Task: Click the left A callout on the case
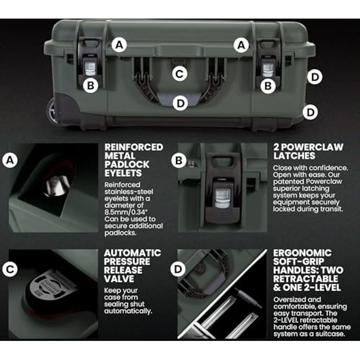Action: tap(119, 45)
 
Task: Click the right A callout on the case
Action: tap(241, 45)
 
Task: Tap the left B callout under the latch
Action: tap(90, 86)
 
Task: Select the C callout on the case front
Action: tap(180, 74)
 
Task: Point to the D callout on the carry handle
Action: tap(180, 103)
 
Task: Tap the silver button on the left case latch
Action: tap(90, 68)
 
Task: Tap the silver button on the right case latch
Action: tap(268, 70)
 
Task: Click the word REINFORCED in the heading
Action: tap(134, 147)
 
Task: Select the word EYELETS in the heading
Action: tap(123, 173)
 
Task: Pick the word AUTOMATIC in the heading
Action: tap(133, 253)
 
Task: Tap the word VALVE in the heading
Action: tap(119, 279)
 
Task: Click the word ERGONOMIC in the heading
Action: tap(302, 253)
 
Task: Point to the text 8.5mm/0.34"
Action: tap(125, 212)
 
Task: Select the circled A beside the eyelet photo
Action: tap(10, 160)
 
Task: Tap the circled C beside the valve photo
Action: tap(10, 269)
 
